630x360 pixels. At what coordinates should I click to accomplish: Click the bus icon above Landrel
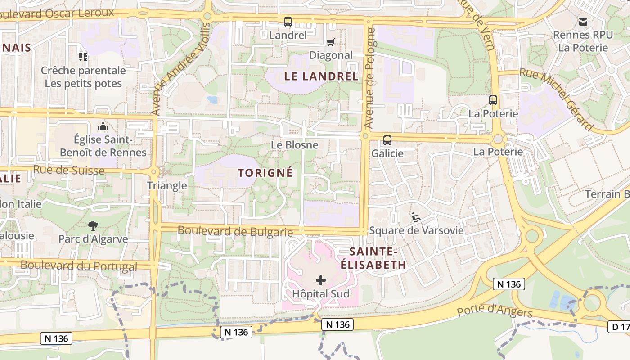coord(288,22)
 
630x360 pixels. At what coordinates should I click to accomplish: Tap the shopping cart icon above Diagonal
coord(331,42)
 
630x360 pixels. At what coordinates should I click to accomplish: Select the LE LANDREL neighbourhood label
coord(321,76)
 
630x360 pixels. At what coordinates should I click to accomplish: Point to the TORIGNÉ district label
coord(265,173)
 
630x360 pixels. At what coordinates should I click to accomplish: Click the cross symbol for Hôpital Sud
coord(321,281)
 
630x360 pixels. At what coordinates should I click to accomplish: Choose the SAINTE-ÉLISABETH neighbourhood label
coord(373,258)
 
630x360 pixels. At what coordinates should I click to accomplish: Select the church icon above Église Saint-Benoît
coord(103,126)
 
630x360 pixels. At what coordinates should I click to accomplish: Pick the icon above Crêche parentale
coord(83,57)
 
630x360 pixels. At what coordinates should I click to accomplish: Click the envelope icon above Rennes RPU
coord(583,22)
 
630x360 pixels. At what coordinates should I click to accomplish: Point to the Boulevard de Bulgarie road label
coord(235,231)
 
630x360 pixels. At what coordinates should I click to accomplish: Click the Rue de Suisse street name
coord(69,170)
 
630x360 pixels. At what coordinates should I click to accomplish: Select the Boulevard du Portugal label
coord(79,265)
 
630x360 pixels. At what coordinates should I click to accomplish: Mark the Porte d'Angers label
coord(495,311)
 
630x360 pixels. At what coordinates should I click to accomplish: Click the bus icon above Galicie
coord(387,140)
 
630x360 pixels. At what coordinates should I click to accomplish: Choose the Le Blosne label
coord(294,145)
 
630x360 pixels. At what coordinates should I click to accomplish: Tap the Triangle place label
coord(167,185)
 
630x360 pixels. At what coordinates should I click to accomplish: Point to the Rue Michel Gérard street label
coord(556,99)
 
